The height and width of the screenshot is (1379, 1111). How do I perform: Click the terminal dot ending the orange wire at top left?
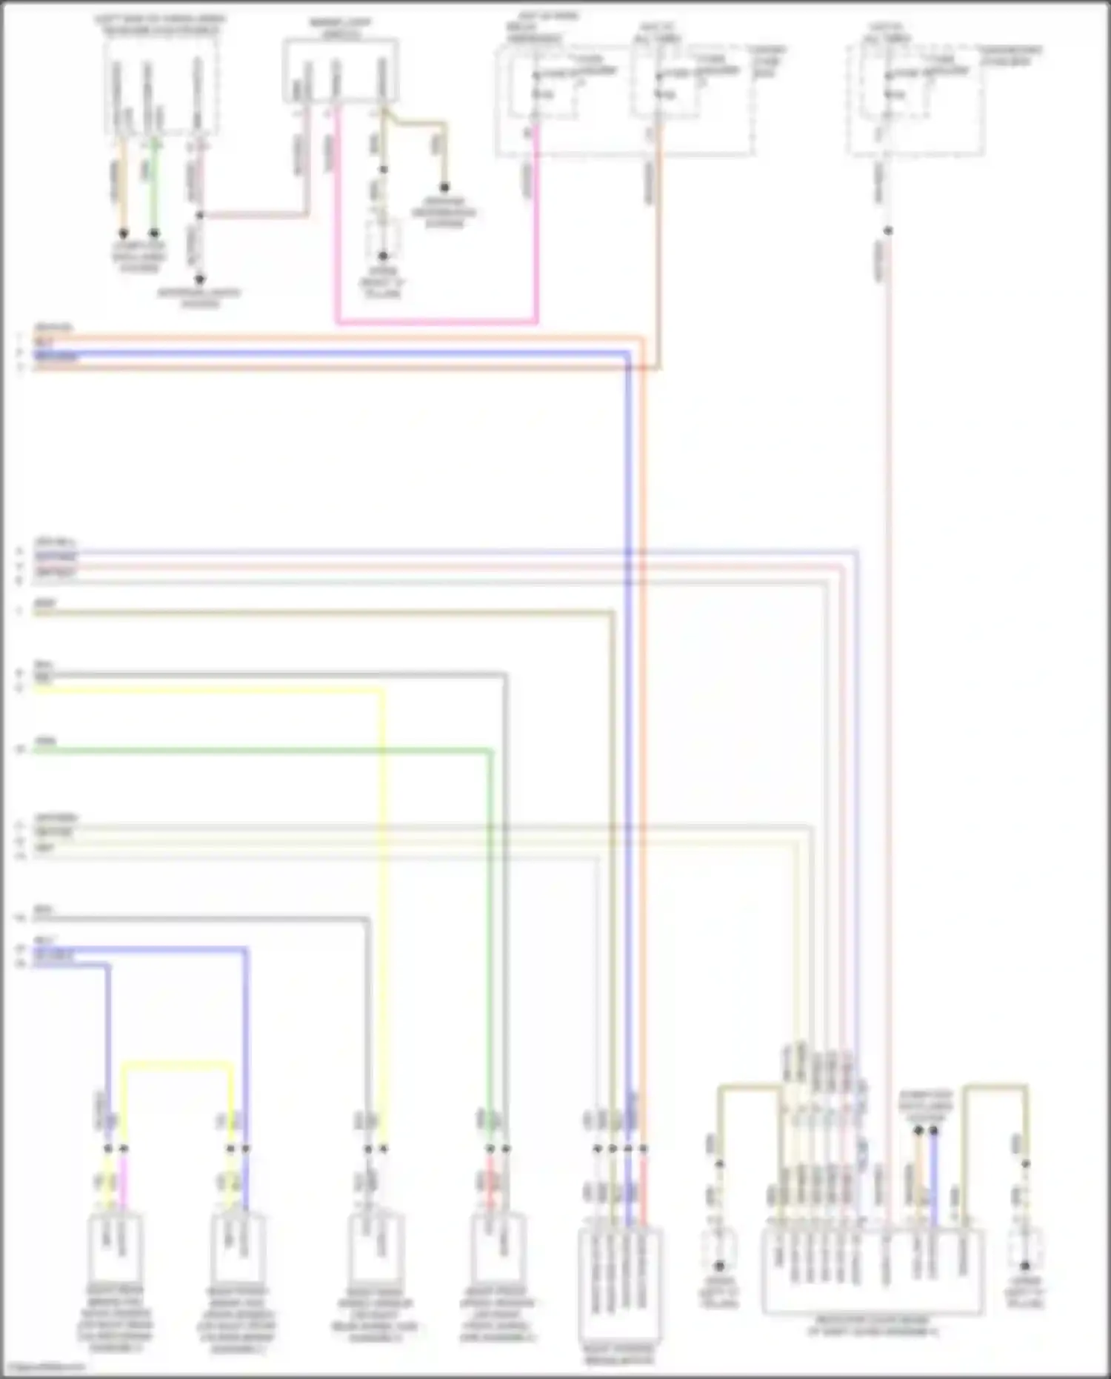point(124,233)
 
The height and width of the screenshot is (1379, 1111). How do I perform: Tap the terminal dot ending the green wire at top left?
point(154,233)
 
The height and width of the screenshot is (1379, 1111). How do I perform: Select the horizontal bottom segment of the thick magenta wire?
point(437,322)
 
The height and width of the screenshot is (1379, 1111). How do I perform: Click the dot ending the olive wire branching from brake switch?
point(444,187)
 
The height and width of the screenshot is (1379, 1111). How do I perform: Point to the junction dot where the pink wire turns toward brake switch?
point(199,216)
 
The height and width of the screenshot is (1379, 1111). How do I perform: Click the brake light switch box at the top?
point(341,71)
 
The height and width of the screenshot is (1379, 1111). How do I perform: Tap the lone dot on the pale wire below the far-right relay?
point(887,230)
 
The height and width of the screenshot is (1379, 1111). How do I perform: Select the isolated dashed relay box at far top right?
point(916,99)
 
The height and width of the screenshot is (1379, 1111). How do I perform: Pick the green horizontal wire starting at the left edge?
point(259,751)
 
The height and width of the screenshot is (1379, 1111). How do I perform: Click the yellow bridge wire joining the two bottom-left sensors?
point(178,1066)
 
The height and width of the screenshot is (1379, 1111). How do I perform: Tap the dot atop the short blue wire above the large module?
point(933,1131)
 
